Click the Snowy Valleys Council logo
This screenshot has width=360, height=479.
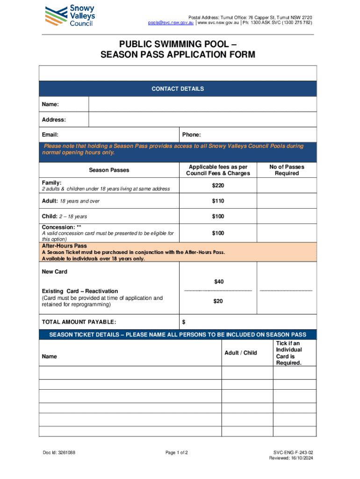tap(70, 15)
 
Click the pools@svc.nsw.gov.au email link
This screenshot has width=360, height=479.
tap(171, 22)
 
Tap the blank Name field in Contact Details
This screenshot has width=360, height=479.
tap(202, 104)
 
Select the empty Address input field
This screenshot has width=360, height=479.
tap(202, 120)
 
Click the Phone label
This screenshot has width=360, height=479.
tap(191, 135)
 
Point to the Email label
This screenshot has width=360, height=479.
tap(50, 135)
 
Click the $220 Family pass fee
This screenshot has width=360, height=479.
tap(218, 186)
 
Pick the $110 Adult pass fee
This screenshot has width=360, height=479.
tap(218, 201)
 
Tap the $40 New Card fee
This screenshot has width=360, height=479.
tap(218, 282)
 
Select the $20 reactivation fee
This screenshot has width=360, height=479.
tap(218, 301)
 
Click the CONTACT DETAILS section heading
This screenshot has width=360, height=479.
tap(178, 89)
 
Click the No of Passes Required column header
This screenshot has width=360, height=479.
tap(287, 170)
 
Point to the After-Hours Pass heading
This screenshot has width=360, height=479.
tap(65, 246)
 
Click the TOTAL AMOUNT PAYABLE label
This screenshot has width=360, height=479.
tap(79, 322)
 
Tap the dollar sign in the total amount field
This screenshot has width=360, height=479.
tap(184, 322)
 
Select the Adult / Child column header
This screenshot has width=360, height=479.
tap(241, 353)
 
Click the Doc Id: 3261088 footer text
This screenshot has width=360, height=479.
tap(59, 452)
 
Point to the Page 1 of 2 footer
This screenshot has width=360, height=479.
tap(177, 452)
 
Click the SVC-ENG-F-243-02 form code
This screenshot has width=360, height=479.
tap(293, 452)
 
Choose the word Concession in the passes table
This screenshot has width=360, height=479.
tap(58, 227)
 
